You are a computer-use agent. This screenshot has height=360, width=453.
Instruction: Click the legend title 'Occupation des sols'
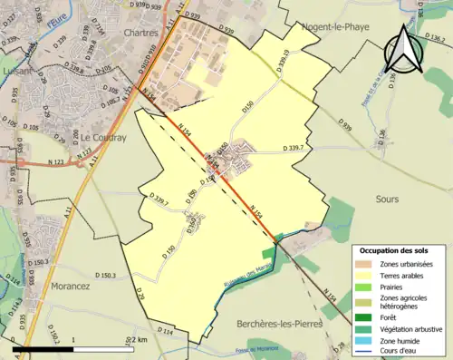point(398,250)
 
